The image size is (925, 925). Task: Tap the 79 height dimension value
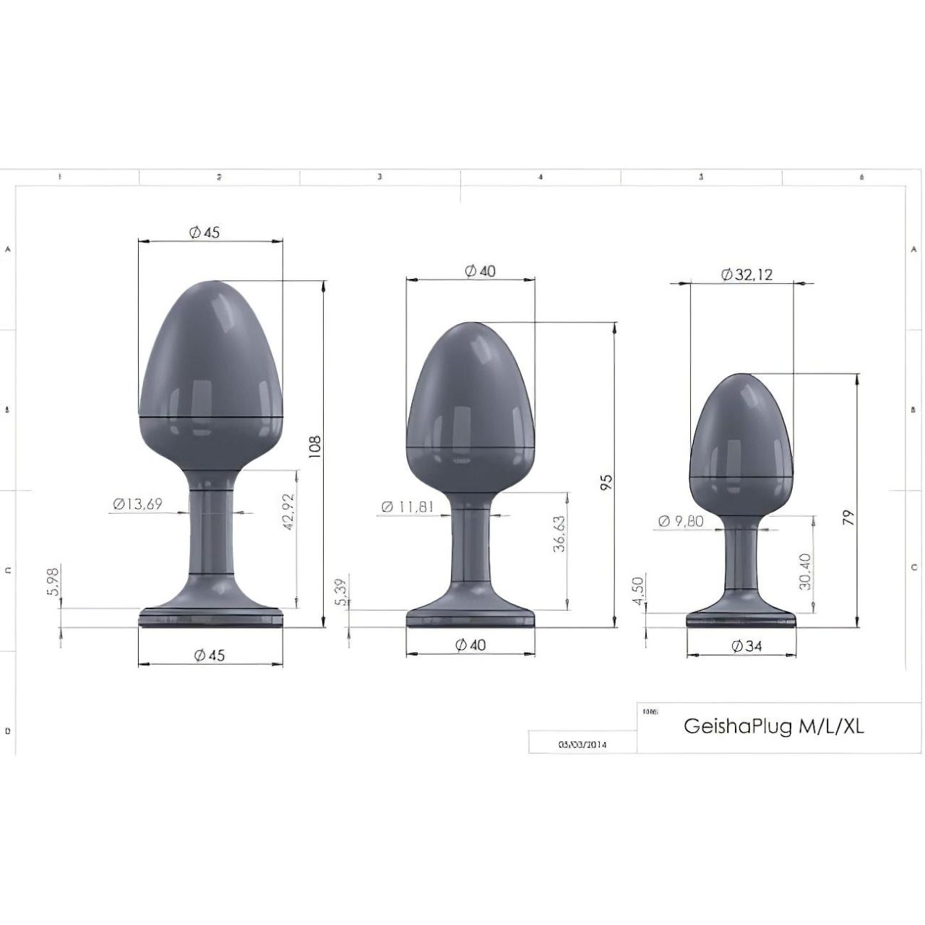848,517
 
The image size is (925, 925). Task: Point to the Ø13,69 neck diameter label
137,504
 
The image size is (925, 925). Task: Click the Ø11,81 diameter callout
408,507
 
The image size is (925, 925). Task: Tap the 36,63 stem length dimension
559,534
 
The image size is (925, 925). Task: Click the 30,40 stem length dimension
805,571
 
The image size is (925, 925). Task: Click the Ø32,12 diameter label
747,275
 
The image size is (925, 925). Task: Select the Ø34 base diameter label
747,646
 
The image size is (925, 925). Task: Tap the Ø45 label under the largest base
210,655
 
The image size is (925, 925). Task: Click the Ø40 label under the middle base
470,645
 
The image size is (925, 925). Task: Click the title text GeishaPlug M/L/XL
773,726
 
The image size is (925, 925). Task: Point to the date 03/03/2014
582,744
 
